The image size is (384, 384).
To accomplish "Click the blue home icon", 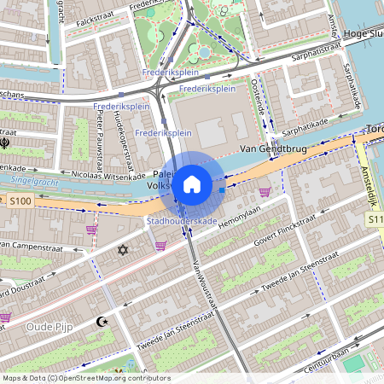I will [x=192, y=183].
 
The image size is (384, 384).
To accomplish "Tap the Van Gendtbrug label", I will [x=274, y=150].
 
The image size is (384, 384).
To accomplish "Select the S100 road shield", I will [x=20, y=201].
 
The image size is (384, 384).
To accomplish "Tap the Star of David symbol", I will [x=122, y=250].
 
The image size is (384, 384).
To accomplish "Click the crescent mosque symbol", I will [x=104, y=322].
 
